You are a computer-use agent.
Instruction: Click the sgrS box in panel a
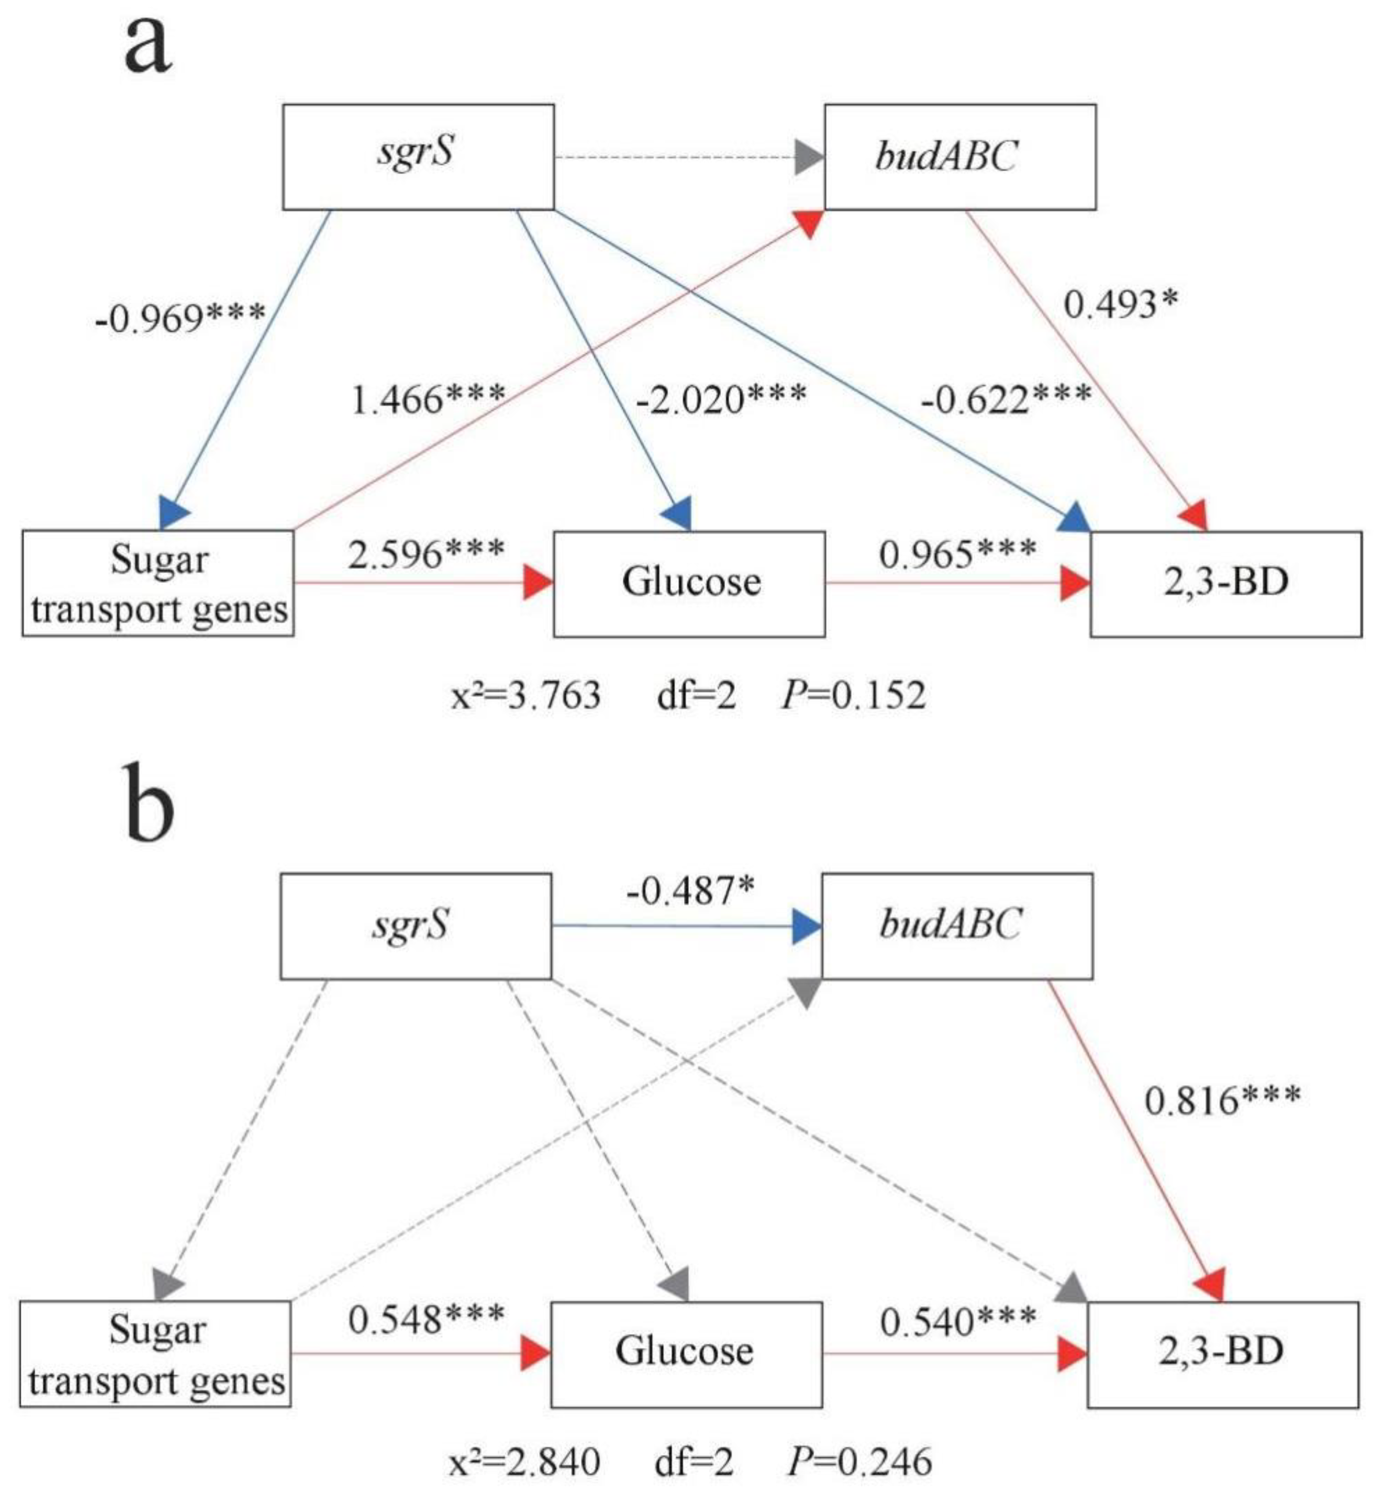[417, 156]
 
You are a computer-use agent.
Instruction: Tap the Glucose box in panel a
[689, 584]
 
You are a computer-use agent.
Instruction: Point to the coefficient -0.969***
[179, 319]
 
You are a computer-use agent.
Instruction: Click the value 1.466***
[428, 399]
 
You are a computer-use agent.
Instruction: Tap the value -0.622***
[1006, 399]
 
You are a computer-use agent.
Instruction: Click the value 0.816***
[1222, 1100]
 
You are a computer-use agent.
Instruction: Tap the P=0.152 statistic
[853, 695]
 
